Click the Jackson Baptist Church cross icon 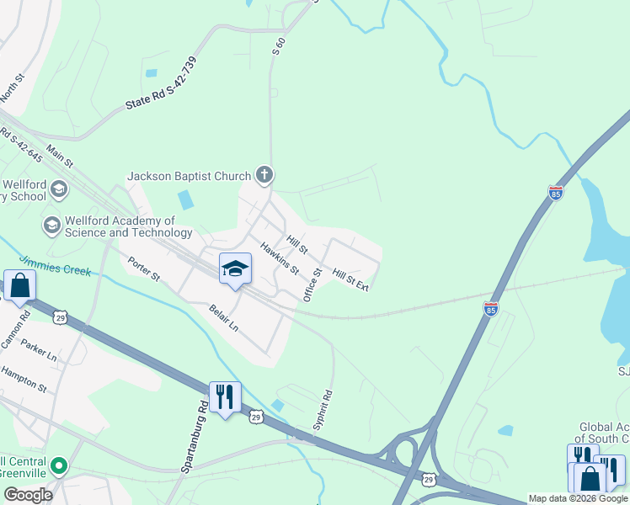(264, 176)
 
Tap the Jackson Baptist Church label (189, 177)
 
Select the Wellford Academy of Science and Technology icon (51, 225)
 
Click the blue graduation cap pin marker (235, 269)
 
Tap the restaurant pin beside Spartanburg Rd (225, 396)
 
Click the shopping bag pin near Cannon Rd (19, 285)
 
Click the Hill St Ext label (350, 280)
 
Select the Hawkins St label (280, 258)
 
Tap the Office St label (312, 284)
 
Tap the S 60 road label (279, 47)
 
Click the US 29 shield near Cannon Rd (58, 317)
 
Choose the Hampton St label (24, 378)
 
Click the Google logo (28, 494)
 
